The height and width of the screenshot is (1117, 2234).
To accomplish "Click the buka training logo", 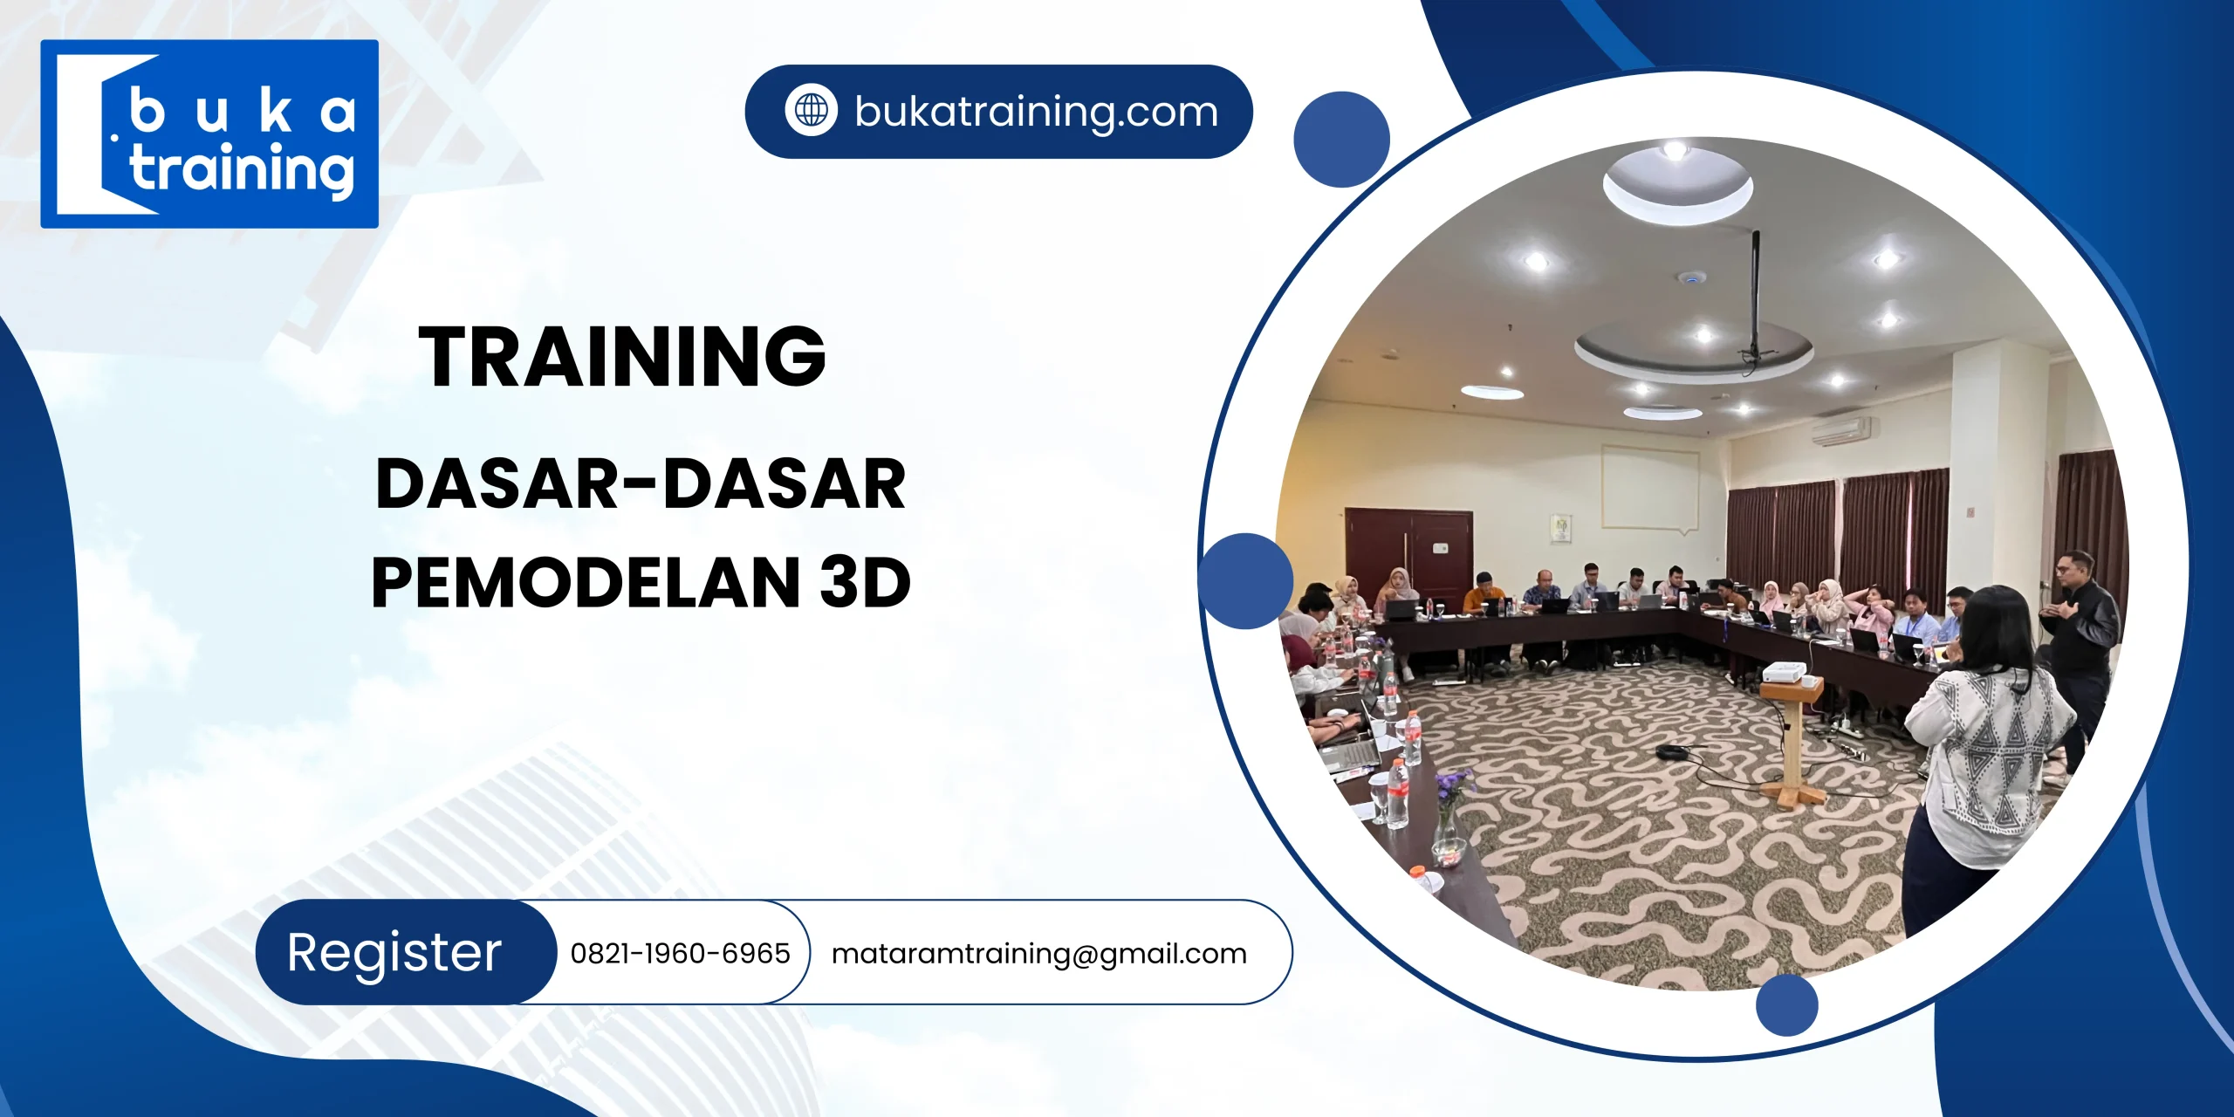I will [209, 134].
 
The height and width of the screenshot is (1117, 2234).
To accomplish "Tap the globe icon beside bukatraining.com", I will [811, 111].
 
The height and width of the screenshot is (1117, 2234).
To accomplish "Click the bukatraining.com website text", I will [1036, 112].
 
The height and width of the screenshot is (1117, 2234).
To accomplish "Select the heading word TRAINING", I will [622, 356].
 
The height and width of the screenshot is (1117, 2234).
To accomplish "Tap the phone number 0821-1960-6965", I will [680, 953].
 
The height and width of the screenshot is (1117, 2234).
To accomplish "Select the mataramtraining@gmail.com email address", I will [1038, 953].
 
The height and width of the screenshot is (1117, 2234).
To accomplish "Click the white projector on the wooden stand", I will [1784, 673].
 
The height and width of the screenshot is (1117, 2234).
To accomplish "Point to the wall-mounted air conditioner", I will [1840, 430].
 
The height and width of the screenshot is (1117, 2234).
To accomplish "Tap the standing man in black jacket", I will [2081, 646].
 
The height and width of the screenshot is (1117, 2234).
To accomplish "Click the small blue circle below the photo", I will [1786, 1004].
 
